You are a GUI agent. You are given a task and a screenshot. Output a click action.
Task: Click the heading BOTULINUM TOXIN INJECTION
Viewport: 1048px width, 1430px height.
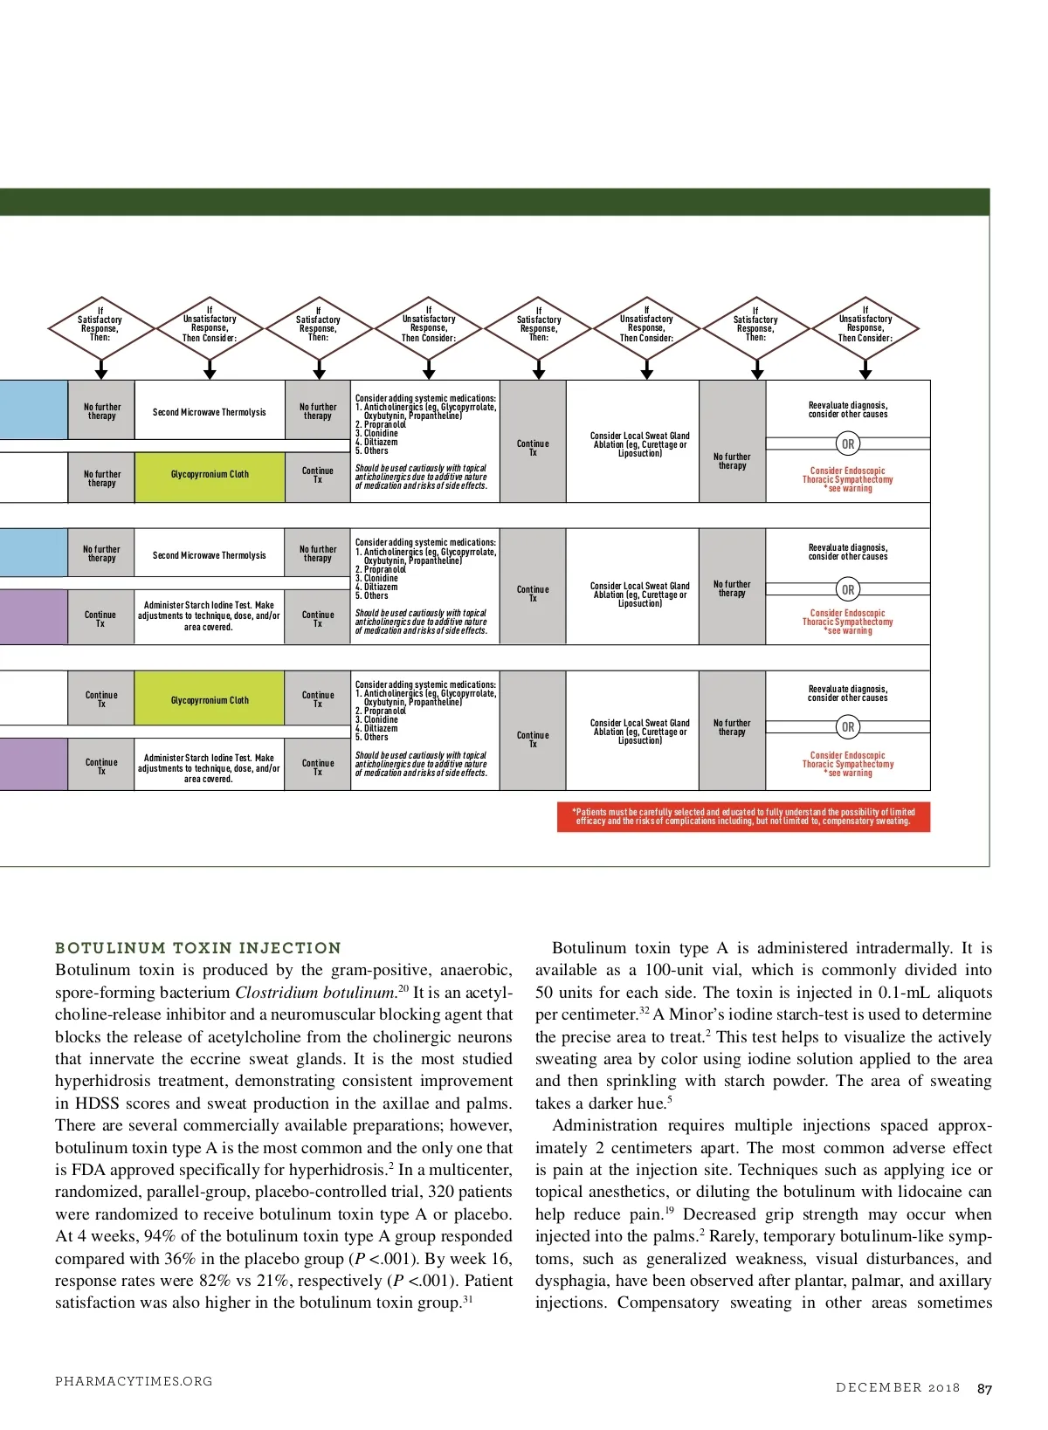click(198, 948)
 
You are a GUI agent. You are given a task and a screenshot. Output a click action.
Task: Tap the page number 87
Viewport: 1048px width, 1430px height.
click(984, 1389)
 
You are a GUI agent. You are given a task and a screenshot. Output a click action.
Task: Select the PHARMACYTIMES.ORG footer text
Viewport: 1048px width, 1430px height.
click(134, 1381)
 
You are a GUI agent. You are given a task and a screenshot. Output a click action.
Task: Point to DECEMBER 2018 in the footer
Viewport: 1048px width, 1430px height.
click(897, 1388)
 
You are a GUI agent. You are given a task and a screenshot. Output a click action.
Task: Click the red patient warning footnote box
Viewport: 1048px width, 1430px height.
click(743, 816)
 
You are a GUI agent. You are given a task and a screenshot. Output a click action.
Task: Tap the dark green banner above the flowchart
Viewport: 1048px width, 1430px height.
click(494, 202)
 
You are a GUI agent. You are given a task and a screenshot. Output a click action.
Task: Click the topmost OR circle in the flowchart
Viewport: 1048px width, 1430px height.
click(848, 444)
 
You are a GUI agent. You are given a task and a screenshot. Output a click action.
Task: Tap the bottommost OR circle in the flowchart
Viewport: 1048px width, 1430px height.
click(848, 727)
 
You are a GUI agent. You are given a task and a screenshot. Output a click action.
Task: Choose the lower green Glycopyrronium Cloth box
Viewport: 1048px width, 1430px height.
click(210, 700)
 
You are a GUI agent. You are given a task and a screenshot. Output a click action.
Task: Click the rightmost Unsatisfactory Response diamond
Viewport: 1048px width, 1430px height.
click(865, 329)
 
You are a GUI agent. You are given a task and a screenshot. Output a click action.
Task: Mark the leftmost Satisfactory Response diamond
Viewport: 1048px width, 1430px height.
click(100, 329)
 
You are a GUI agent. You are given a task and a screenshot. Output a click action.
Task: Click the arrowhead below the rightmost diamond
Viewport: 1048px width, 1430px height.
click(865, 374)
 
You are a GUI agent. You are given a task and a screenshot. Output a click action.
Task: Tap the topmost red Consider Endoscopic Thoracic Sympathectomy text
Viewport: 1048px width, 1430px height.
click(848, 479)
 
